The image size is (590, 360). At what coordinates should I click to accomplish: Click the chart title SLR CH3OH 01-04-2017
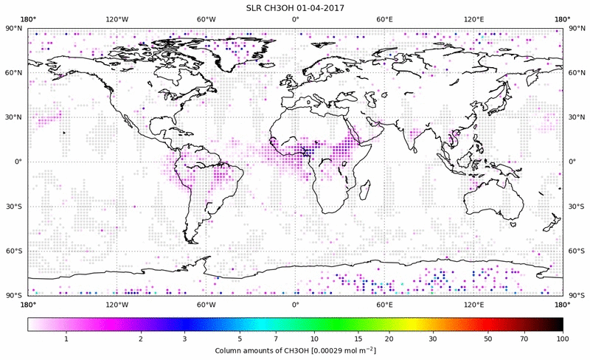pos(295,7)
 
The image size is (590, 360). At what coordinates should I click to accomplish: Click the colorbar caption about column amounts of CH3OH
pos(295,350)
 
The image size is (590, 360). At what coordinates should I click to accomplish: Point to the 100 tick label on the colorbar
pos(562,339)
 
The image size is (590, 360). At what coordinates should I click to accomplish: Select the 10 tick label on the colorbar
pos(315,339)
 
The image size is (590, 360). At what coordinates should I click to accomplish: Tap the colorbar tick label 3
pos(185,339)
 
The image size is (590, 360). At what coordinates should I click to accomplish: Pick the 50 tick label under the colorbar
pos(488,339)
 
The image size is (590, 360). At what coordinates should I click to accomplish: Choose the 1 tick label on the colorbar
pos(66,339)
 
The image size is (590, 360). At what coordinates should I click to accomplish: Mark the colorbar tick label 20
pos(389,339)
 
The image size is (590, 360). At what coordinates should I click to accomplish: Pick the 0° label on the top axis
pos(295,19)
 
